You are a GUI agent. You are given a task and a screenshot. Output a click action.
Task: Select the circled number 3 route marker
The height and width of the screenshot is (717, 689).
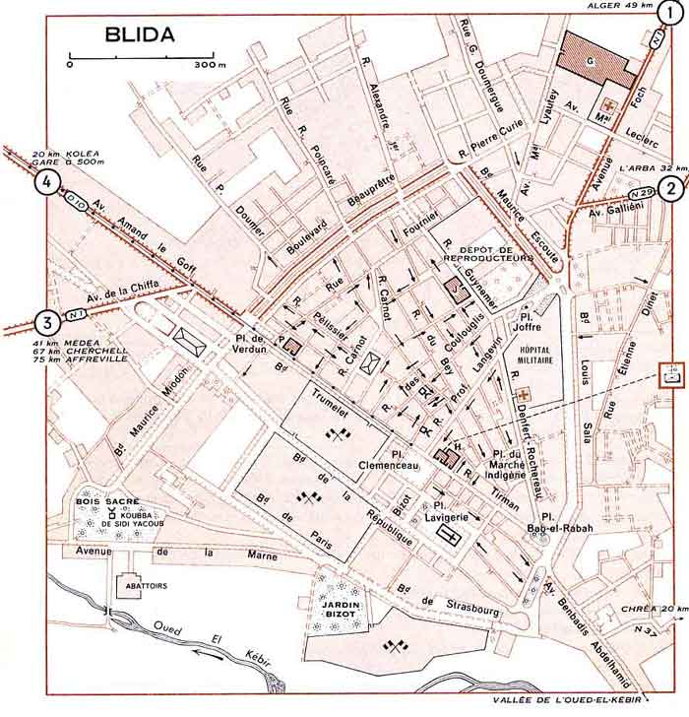tap(43, 322)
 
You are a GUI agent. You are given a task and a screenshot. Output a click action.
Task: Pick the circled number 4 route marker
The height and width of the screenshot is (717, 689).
tap(44, 181)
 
